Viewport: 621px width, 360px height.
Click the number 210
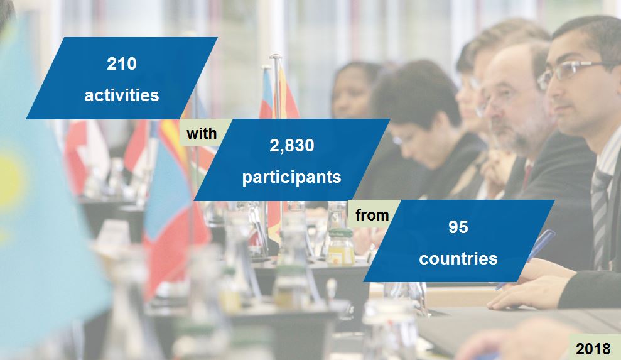tap(121, 63)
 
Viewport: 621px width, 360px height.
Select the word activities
tap(121, 95)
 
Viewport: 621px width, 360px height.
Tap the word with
tap(202, 133)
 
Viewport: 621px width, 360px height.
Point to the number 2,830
tap(291, 146)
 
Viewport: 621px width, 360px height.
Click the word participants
tap(291, 177)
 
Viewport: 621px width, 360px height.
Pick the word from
tap(372, 215)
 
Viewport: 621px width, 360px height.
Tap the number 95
tap(458, 227)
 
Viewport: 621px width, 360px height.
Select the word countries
tap(458, 258)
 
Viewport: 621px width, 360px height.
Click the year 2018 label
tap(593, 349)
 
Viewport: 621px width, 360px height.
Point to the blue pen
tap(534, 251)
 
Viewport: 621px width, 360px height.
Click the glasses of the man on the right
tap(568, 72)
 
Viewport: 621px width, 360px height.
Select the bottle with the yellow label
tap(341, 248)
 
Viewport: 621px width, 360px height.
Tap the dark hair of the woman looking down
tap(414, 94)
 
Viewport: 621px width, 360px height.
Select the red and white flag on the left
tap(85, 151)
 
